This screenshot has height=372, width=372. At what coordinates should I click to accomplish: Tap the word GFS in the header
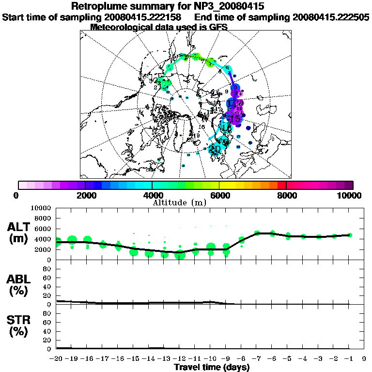[217, 27]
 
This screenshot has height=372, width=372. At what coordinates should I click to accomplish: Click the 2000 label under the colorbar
[85, 195]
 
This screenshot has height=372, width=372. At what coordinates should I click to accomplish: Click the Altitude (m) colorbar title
[186, 202]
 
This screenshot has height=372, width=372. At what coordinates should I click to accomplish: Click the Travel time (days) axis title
[212, 367]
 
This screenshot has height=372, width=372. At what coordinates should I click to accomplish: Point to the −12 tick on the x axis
[180, 358]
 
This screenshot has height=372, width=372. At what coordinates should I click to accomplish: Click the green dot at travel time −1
[350, 235]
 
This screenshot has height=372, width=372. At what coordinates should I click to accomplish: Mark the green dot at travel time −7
[257, 233]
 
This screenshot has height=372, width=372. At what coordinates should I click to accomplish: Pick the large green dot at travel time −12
[180, 255]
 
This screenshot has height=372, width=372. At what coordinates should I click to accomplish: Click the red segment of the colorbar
[281, 185]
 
